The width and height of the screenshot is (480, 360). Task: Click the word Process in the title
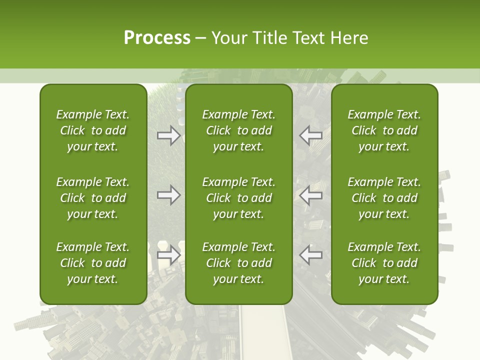(x=157, y=38)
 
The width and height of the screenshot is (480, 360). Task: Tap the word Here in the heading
(x=349, y=38)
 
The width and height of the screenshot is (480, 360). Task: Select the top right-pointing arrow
(x=169, y=136)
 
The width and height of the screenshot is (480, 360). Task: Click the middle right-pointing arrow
(x=169, y=195)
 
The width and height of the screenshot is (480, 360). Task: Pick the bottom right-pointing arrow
(x=169, y=255)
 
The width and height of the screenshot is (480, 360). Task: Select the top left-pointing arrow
(x=310, y=136)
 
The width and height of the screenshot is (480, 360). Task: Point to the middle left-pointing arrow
(x=310, y=195)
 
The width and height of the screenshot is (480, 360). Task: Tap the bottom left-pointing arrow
(x=310, y=255)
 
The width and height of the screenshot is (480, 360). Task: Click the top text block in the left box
(x=93, y=130)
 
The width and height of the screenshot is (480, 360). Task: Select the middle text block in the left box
(x=93, y=198)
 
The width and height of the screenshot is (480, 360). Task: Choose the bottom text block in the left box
(x=93, y=263)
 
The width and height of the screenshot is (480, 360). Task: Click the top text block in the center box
(x=238, y=130)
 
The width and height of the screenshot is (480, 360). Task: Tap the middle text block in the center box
(x=238, y=198)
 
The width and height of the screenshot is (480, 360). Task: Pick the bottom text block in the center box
(x=238, y=263)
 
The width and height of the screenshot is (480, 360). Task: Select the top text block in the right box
(x=384, y=130)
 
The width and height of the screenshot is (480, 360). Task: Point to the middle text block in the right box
(x=384, y=198)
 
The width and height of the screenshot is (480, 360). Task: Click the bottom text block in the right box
(x=384, y=263)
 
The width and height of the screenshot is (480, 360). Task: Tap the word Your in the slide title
(x=228, y=38)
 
